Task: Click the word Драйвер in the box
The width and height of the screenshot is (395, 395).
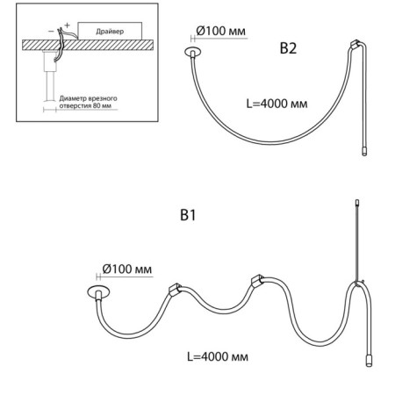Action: point(110,32)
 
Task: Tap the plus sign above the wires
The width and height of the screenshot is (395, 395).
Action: point(68,25)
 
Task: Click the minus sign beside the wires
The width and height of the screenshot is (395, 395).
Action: point(51,31)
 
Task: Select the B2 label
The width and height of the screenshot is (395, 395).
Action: point(288,48)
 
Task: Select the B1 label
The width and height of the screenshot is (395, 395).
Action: point(188,215)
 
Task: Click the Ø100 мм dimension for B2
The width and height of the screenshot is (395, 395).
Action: point(221,31)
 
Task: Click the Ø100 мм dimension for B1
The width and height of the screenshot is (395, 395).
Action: point(127,269)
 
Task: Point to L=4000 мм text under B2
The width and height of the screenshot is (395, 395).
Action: point(276,104)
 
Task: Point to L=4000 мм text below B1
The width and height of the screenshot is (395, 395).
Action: point(218,356)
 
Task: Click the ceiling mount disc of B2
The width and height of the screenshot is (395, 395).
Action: point(193,52)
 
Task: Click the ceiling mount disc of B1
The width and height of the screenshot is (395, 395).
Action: point(98,291)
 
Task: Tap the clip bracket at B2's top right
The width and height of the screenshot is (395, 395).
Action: point(355,45)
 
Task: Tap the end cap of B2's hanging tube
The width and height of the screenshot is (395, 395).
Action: point(364,152)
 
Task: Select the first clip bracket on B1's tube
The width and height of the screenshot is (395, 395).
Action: point(175,289)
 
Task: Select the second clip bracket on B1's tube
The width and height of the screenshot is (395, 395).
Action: point(257,280)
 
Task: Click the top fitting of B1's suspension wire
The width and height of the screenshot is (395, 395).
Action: point(357,203)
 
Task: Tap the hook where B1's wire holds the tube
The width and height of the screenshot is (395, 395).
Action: point(359,283)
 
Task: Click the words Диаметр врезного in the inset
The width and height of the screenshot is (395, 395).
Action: point(88,98)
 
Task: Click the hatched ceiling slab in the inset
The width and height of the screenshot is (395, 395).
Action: point(88,45)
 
